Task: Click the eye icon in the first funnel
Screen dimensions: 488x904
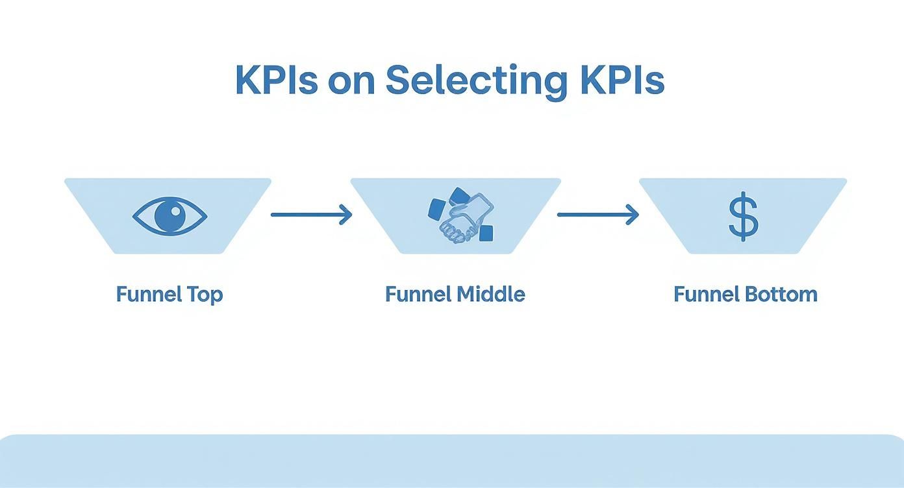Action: tap(169, 215)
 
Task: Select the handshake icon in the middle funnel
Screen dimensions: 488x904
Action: tap(461, 216)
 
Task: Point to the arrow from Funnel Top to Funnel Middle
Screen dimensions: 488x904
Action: tap(310, 214)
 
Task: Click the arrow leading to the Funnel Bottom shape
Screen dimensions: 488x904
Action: tap(597, 214)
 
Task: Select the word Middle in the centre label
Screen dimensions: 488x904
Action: tap(490, 294)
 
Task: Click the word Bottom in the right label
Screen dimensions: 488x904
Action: tap(780, 294)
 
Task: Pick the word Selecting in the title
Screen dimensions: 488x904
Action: tap(473, 81)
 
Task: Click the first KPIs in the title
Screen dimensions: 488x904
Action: tap(277, 80)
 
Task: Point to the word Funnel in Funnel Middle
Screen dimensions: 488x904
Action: tap(418, 294)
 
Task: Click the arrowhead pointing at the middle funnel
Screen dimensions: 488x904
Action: tap(346, 214)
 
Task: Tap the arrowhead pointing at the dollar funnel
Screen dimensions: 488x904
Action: tap(633, 214)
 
